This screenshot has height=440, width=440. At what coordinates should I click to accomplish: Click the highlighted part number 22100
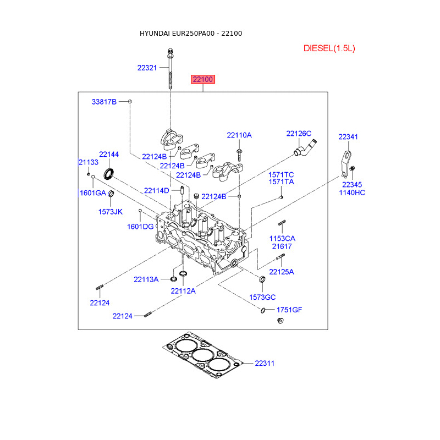pyautogui.click(x=202, y=79)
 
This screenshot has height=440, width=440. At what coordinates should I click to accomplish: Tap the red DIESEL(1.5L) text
pyautogui.click(x=329, y=48)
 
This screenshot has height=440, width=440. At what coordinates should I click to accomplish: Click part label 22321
pyautogui.click(x=147, y=68)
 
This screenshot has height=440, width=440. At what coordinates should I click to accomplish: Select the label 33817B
pyautogui.click(x=104, y=102)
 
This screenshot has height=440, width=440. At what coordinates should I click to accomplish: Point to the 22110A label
pyautogui.click(x=239, y=135)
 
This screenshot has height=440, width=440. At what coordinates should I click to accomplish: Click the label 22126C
pyautogui.click(x=299, y=134)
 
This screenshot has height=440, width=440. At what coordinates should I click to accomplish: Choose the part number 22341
pyautogui.click(x=348, y=137)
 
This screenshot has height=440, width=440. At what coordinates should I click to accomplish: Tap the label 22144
pyautogui.click(x=109, y=155)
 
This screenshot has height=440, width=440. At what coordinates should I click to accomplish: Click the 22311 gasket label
pyautogui.click(x=265, y=364)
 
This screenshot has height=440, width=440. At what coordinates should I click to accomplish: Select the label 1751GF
pyautogui.click(x=289, y=310)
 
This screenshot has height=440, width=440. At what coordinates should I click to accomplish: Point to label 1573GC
pyautogui.click(x=262, y=297)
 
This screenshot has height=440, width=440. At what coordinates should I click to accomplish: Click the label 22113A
pyautogui.click(x=146, y=279)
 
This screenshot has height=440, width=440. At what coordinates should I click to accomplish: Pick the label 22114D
pyautogui.click(x=157, y=191)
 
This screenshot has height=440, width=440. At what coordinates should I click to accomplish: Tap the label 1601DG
pyautogui.click(x=140, y=227)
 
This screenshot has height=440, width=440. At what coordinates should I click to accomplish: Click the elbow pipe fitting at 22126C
pyautogui.click(x=305, y=149)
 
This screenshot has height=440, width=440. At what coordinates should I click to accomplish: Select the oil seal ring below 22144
pyautogui.click(x=111, y=175)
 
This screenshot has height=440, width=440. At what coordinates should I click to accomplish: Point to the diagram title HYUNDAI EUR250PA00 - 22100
pyautogui.click(x=191, y=34)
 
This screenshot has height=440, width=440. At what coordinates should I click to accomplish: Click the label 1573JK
pyautogui.click(x=111, y=211)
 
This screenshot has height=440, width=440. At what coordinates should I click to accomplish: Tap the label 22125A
pyautogui.click(x=282, y=272)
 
